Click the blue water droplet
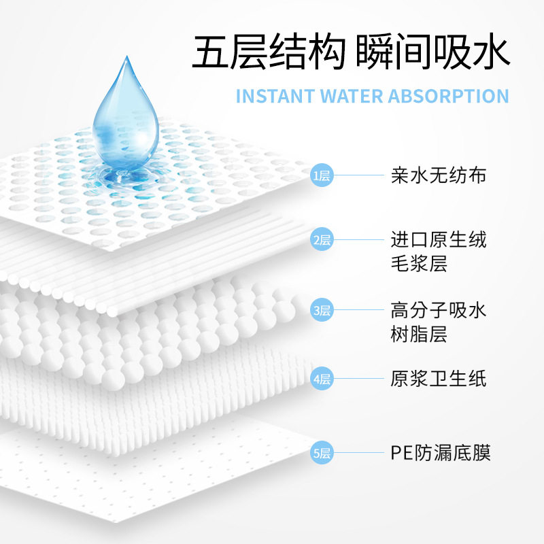125,116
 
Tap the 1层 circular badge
322,176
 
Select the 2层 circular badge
322,239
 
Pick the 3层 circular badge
322,311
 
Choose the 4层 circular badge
322,379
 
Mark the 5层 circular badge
322,453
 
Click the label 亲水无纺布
439,175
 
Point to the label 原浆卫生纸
439,379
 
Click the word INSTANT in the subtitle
275,96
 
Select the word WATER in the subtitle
352,96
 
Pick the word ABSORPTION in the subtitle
448,96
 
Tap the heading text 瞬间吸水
432,52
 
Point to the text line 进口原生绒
439,239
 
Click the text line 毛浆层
419,264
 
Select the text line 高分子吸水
439,311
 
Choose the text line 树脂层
419,335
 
